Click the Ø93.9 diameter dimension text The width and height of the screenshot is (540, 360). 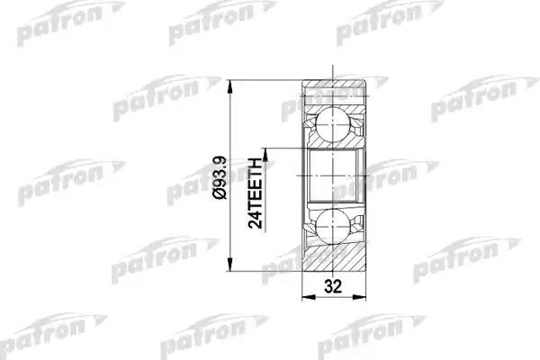pos(220,177)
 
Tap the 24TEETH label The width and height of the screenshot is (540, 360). pos(256,193)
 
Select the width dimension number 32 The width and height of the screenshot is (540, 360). pos(333,286)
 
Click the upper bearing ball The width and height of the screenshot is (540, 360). pos(333,124)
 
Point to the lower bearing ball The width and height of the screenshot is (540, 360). pos(333,226)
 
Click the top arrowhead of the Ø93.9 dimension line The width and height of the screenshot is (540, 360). pos(230,86)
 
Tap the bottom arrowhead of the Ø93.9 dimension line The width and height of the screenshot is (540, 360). pos(230,265)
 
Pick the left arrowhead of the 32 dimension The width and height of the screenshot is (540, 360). pos(309,297)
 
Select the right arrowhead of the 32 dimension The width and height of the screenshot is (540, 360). pos(359,297)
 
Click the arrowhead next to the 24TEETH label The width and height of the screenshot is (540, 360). pos(265,155)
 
